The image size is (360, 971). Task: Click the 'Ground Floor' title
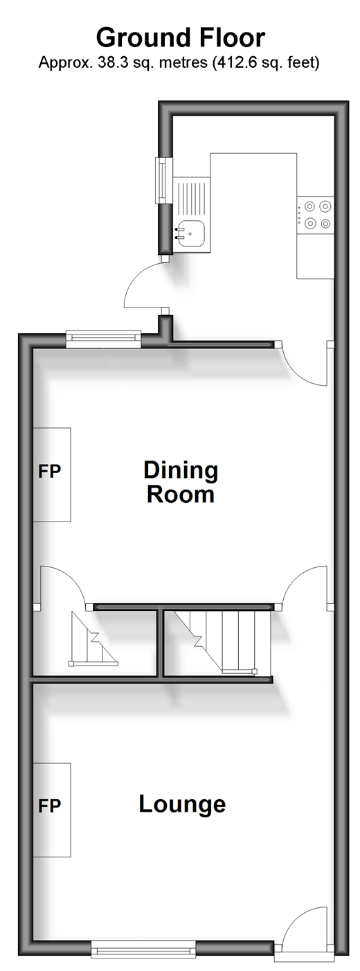[x=180, y=37]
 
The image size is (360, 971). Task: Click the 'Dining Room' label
[x=181, y=482]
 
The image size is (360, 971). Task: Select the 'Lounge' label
[x=182, y=804]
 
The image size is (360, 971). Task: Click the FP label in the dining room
[x=49, y=471]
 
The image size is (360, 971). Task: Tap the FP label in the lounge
[x=49, y=806]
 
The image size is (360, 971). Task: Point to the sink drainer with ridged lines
[x=191, y=197]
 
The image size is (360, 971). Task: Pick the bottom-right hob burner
[x=325, y=223]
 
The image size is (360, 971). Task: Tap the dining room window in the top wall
[x=104, y=339]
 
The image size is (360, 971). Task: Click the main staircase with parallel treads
[x=221, y=641]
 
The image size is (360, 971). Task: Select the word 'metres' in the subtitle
[x=185, y=63]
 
